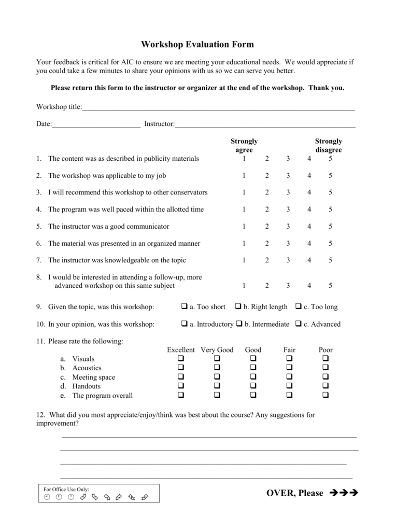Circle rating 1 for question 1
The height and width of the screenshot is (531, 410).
[x=244, y=159]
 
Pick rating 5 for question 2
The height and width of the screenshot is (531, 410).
[x=330, y=176]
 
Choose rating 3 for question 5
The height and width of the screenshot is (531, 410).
[x=288, y=227]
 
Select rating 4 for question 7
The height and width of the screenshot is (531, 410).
[x=309, y=260]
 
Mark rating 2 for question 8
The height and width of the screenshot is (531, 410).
[x=267, y=286]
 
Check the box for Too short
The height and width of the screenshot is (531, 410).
[x=184, y=306]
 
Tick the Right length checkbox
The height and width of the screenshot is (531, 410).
[x=238, y=306]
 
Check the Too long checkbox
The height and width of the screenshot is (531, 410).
[x=299, y=306]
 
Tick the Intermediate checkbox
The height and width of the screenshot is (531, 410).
[x=239, y=324]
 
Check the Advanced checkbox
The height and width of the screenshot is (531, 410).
[x=299, y=324]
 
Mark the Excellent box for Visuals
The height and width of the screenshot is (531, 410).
[x=181, y=358]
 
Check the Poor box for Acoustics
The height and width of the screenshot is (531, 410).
[x=326, y=368]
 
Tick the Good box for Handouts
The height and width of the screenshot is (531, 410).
[x=253, y=386]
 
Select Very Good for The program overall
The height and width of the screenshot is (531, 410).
[x=217, y=395]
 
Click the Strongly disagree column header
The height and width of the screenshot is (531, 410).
[x=329, y=146]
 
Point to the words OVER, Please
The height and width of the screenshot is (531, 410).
[x=294, y=493]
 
